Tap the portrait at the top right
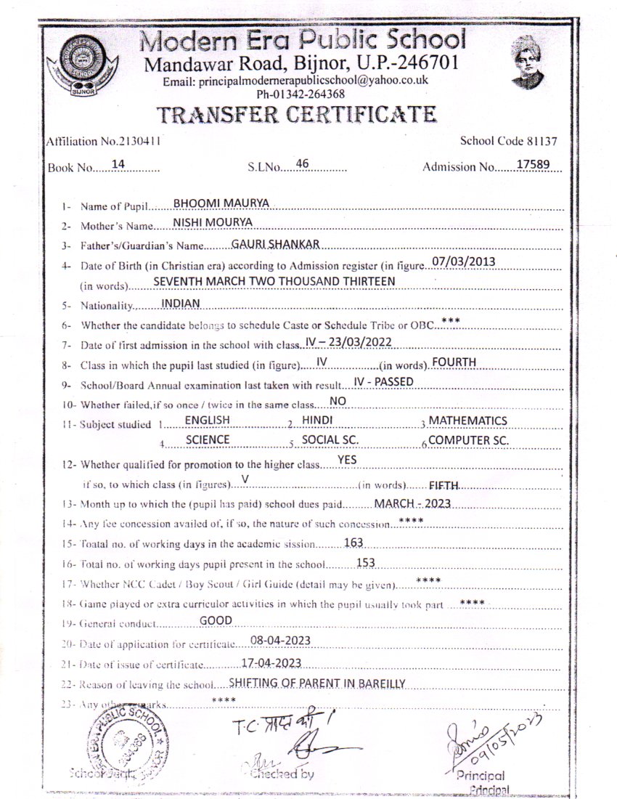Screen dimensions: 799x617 click(x=526, y=62)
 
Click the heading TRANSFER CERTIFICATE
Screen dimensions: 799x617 click(x=297, y=114)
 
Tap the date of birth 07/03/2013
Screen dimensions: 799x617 click(x=463, y=261)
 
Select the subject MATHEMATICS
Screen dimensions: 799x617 click(x=467, y=421)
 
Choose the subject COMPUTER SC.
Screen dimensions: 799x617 click(x=468, y=440)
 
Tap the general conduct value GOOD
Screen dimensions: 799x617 click(x=216, y=620)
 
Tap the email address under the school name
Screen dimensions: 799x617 click(x=295, y=81)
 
